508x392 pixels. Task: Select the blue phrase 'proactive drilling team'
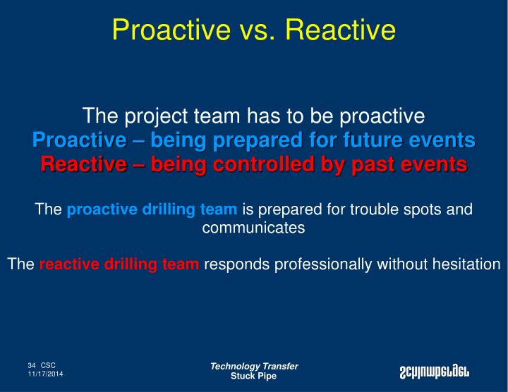152,209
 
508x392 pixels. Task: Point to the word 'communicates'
253,228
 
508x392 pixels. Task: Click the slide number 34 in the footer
32,365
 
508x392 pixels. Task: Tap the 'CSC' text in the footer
48,365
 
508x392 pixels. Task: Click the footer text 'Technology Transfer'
254,366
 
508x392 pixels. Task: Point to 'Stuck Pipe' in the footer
254,376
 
